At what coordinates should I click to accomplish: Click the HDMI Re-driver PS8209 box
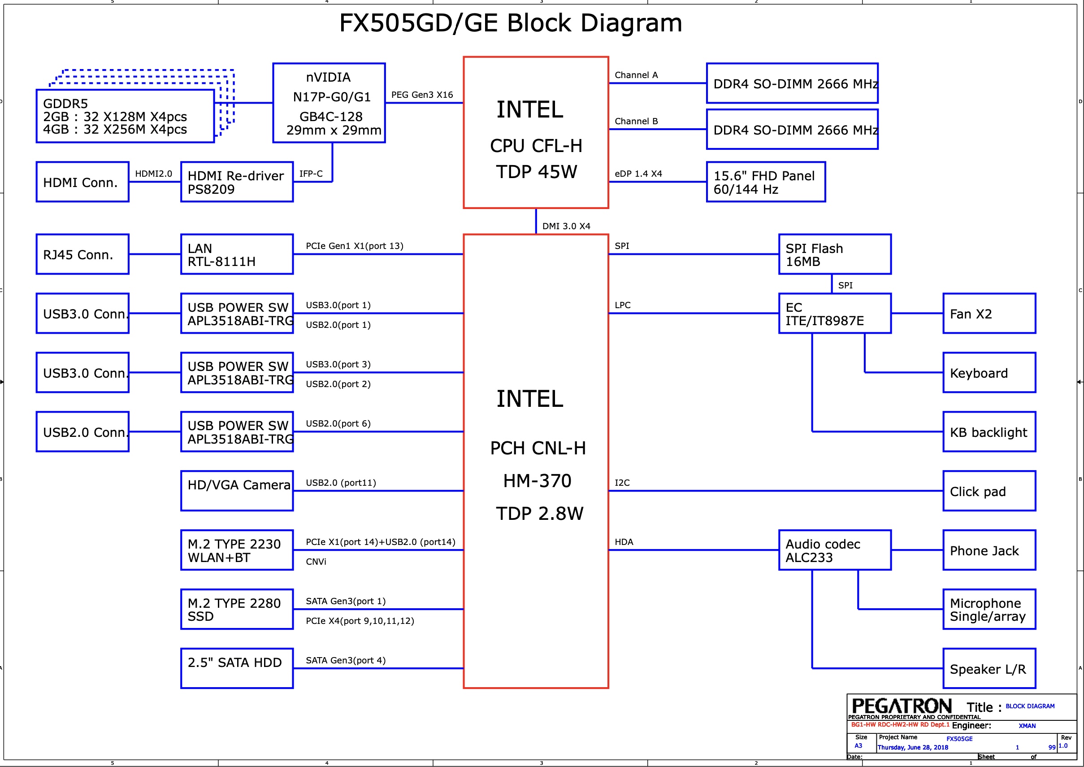[x=237, y=182]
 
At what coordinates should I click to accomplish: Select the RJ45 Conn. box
[x=82, y=254]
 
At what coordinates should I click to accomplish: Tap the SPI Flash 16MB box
[x=834, y=254]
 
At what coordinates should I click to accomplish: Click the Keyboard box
[x=989, y=373]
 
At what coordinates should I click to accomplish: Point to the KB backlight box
[x=989, y=431]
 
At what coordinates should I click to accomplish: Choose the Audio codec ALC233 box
[x=834, y=550]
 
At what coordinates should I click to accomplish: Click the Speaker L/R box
[x=989, y=668]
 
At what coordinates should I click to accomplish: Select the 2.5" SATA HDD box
[x=237, y=668]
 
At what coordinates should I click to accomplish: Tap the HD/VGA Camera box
[x=237, y=491]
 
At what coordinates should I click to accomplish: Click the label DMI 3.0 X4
[x=566, y=226]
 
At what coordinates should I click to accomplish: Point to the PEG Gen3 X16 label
[x=421, y=95]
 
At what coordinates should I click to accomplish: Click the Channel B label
[x=636, y=122]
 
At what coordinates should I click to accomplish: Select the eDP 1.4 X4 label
[x=638, y=174]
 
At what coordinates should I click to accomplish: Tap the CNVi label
[x=316, y=562]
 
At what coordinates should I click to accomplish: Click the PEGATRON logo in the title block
[x=901, y=706]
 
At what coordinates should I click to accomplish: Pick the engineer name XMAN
[x=1027, y=726]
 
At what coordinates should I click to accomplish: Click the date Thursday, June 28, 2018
[x=912, y=747]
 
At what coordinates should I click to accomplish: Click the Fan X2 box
[x=989, y=314]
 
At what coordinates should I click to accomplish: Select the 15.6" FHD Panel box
[x=765, y=182]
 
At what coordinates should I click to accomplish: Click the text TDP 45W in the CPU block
[x=536, y=172]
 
